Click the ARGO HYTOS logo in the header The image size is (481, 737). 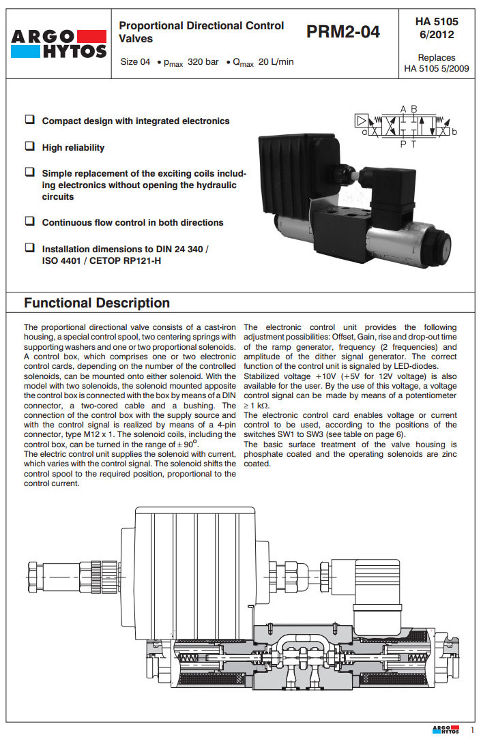click(59, 44)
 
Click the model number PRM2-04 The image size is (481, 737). click(343, 32)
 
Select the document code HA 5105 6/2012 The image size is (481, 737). click(437, 28)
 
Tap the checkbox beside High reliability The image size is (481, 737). click(30, 146)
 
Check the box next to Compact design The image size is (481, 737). click(30, 120)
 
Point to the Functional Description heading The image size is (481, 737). click(97, 303)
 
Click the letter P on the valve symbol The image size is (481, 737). click(403, 144)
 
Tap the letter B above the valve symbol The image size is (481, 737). click(414, 109)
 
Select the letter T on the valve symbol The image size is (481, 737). click(413, 144)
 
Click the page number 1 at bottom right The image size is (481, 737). click(471, 730)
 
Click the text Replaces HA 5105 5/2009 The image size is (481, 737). click(437, 63)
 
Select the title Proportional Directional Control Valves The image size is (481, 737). click(201, 32)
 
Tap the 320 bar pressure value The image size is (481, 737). click(203, 62)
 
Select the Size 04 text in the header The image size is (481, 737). click(135, 62)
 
